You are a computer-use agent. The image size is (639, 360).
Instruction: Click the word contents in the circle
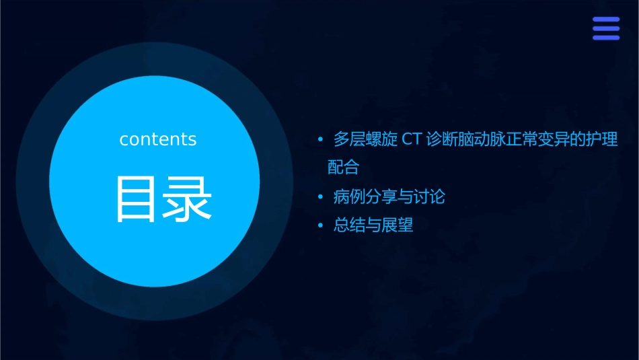click(x=158, y=139)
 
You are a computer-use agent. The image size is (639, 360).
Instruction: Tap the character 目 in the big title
click(x=135, y=199)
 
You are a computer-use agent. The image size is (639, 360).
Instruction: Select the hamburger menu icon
click(x=606, y=28)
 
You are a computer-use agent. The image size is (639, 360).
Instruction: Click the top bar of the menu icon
click(x=606, y=20)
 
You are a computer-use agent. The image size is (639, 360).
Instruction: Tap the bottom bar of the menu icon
click(x=606, y=38)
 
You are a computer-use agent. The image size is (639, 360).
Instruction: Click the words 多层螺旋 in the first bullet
click(x=366, y=140)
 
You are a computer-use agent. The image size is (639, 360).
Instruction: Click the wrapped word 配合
click(x=343, y=167)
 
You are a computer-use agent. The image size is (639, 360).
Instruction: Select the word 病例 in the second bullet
click(x=350, y=197)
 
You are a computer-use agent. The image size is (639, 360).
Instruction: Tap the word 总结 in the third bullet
click(x=350, y=225)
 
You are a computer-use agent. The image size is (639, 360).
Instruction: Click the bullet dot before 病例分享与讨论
click(x=321, y=198)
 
